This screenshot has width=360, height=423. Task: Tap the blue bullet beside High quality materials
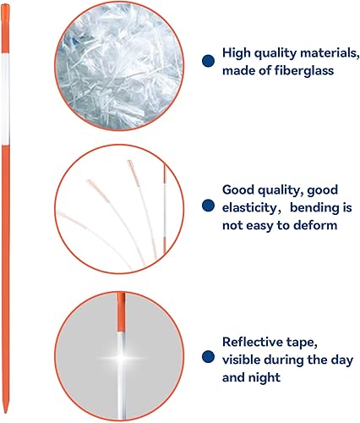click(207, 61)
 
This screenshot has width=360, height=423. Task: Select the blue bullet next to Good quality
click(207, 206)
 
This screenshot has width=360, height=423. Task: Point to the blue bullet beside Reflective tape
click(207, 358)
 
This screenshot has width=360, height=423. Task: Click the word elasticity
click(251, 206)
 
